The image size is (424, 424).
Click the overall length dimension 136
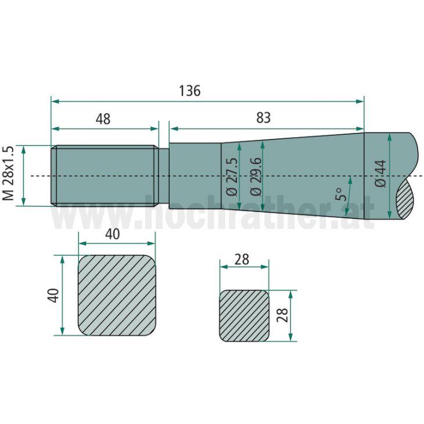(189, 91)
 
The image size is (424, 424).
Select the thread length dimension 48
(103, 119)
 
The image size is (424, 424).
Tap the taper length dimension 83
(263, 117)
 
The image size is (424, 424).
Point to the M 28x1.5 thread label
(8, 174)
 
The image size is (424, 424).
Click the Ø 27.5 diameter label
(231, 176)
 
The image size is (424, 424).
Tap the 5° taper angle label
(342, 190)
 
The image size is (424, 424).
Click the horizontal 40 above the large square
(113, 234)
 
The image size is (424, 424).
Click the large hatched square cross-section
(117, 295)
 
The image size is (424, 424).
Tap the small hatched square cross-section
(244, 315)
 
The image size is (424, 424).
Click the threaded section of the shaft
(105, 175)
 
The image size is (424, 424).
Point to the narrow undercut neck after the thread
(164, 175)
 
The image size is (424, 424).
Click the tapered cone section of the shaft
(296, 174)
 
